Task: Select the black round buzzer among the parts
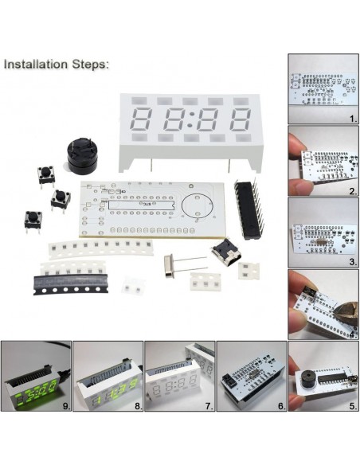pyautogui.click(x=81, y=153)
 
